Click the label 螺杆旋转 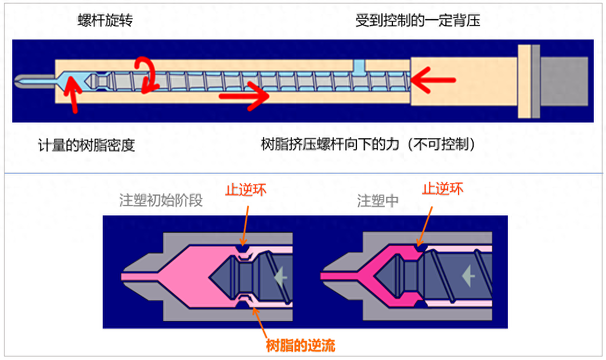(105, 21)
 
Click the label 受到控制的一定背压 (418, 21)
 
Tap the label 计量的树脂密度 (86, 145)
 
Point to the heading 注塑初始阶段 (161, 201)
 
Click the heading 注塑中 (378, 201)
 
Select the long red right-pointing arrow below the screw (244, 96)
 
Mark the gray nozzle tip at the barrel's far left (26, 81)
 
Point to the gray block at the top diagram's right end (564, 81)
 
